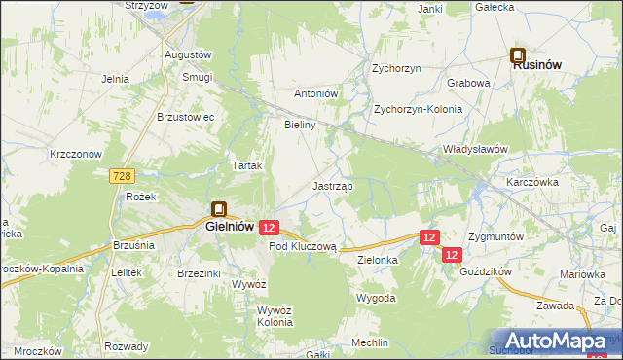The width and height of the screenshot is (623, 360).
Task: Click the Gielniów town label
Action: (231, 226)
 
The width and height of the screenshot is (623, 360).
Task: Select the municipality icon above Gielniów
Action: (219, 208)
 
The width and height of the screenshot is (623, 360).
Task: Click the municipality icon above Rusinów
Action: (518, 55)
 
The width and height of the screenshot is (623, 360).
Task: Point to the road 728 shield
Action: (122, 175)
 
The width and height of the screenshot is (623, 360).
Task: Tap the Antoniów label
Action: (315, 94)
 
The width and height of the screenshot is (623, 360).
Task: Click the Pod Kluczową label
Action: (302, 247)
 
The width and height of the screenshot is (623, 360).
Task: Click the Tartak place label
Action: (246, 165)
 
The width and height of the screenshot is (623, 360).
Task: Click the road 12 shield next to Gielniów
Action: (270, 227)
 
